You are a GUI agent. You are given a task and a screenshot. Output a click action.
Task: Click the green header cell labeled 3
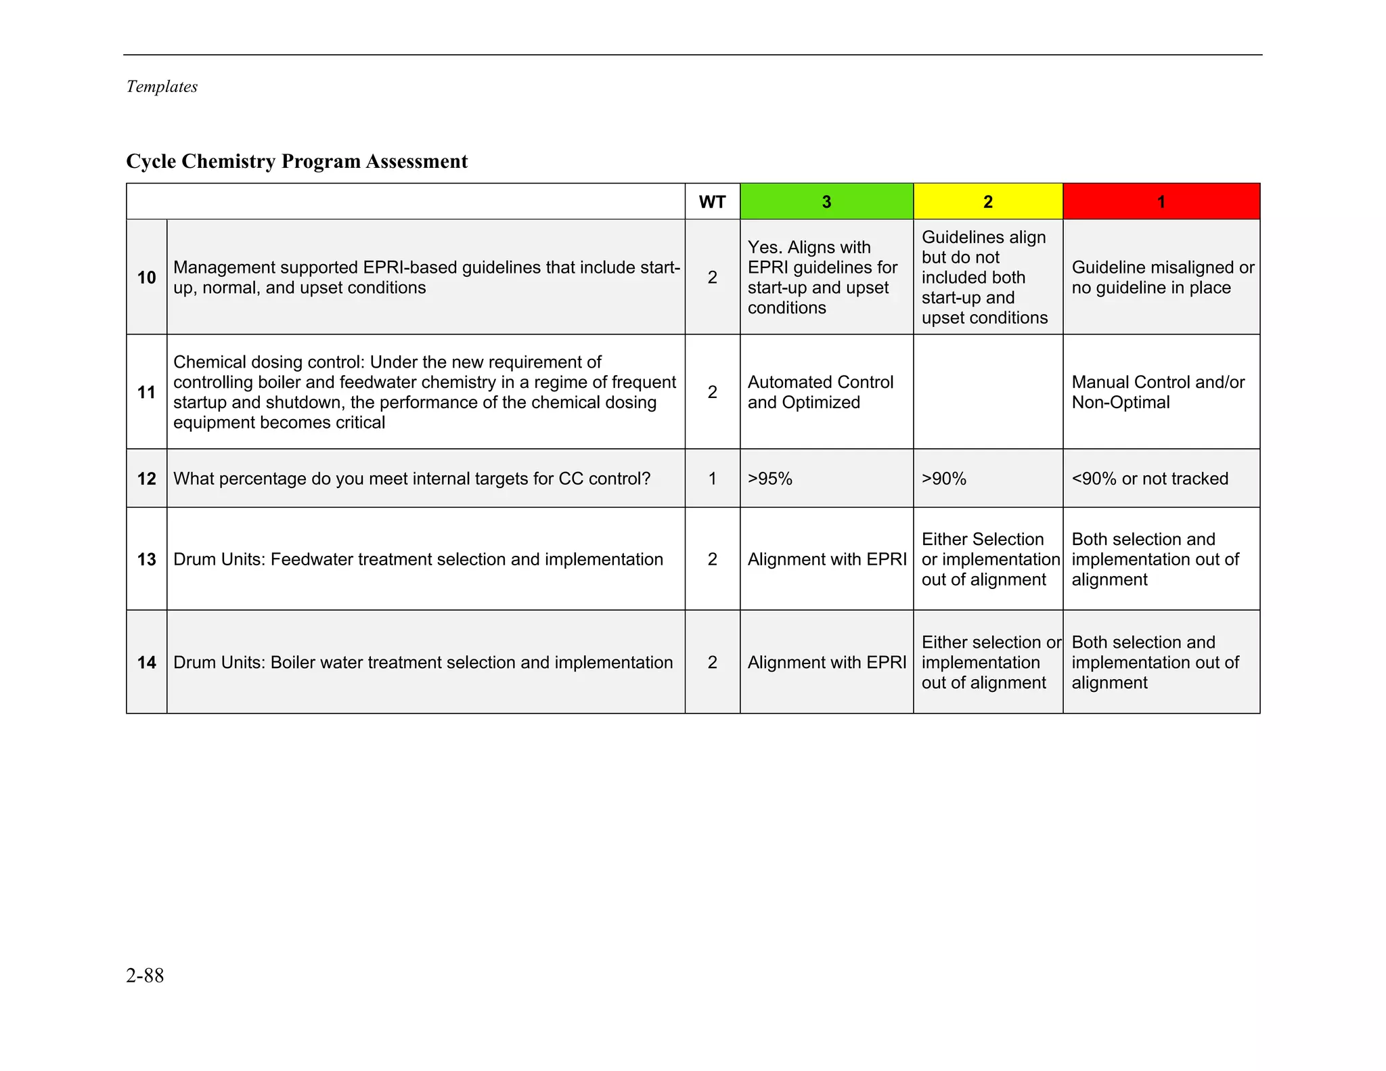tap(826, 202)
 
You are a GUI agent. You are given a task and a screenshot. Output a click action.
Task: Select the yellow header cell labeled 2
tap(987, 202)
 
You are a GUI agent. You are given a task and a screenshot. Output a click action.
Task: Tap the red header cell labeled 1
tap(1161, 202)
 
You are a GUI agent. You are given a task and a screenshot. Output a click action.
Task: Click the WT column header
tap(712, 202)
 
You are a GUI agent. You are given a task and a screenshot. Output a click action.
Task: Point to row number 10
tap(146, 278)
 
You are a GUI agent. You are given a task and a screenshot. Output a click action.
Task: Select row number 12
tap(146, 479)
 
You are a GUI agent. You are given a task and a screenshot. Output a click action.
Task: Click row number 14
tap(146, 662)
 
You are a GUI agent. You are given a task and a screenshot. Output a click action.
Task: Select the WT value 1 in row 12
tap(712, 479)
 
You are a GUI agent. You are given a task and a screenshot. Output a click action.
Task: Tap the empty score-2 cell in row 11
tap(987, 392)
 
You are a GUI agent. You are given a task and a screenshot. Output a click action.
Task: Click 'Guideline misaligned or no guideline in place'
tap(1162, 278)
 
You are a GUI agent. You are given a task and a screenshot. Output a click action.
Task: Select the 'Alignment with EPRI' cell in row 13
tap(826, 559)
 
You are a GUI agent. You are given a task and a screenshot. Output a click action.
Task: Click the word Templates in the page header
tap(162, 87)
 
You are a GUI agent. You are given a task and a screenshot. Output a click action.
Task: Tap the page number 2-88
tap(145, 976)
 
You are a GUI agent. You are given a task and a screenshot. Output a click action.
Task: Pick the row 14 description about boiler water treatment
tap(423, 662)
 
